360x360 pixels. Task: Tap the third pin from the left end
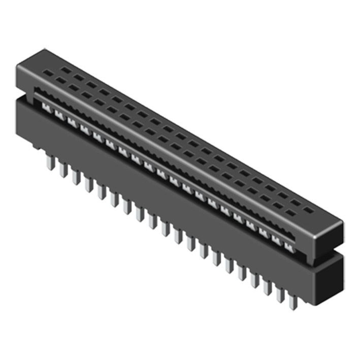[x=76, y=177]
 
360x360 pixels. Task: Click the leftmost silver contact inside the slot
[x=46, y=107]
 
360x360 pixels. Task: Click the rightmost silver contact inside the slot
[x=289, y=247]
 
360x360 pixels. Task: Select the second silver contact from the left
[x=58, y=115]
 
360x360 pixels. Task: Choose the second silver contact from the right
[x=277, y=240]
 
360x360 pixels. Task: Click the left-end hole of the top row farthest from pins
[x=66, y=68]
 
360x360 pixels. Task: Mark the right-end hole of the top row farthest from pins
[x=309, y=209]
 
